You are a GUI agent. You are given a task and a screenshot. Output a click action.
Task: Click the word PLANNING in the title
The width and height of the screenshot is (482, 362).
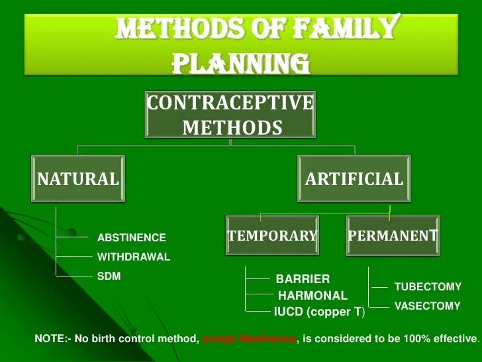241,64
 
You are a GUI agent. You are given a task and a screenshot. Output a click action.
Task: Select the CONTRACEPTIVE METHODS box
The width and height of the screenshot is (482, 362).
230,115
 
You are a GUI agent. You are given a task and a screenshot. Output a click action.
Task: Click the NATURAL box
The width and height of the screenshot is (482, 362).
77,179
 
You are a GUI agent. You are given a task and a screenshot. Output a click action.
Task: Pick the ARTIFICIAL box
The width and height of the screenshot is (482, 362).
354,179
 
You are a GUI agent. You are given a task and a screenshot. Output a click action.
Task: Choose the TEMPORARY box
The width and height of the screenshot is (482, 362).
273,236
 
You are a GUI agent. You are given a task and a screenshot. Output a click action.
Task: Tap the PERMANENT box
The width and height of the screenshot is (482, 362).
393,236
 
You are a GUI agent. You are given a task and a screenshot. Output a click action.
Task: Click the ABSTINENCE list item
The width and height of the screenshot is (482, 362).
132,238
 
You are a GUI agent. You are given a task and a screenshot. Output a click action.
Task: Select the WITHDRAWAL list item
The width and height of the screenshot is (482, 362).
134,257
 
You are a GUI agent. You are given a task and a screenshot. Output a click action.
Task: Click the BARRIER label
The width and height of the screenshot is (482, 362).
303,279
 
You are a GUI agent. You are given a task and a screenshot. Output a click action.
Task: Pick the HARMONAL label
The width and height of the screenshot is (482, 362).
312,296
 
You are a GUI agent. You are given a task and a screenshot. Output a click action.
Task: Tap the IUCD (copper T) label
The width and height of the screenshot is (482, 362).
319,312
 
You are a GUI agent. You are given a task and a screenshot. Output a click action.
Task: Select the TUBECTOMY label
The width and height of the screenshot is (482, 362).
428,287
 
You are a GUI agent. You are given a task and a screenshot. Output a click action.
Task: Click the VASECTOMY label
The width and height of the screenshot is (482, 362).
427,306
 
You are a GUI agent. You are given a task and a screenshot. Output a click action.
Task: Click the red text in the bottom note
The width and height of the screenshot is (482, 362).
249,339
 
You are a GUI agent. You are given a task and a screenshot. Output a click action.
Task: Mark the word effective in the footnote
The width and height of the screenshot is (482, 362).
454,339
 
